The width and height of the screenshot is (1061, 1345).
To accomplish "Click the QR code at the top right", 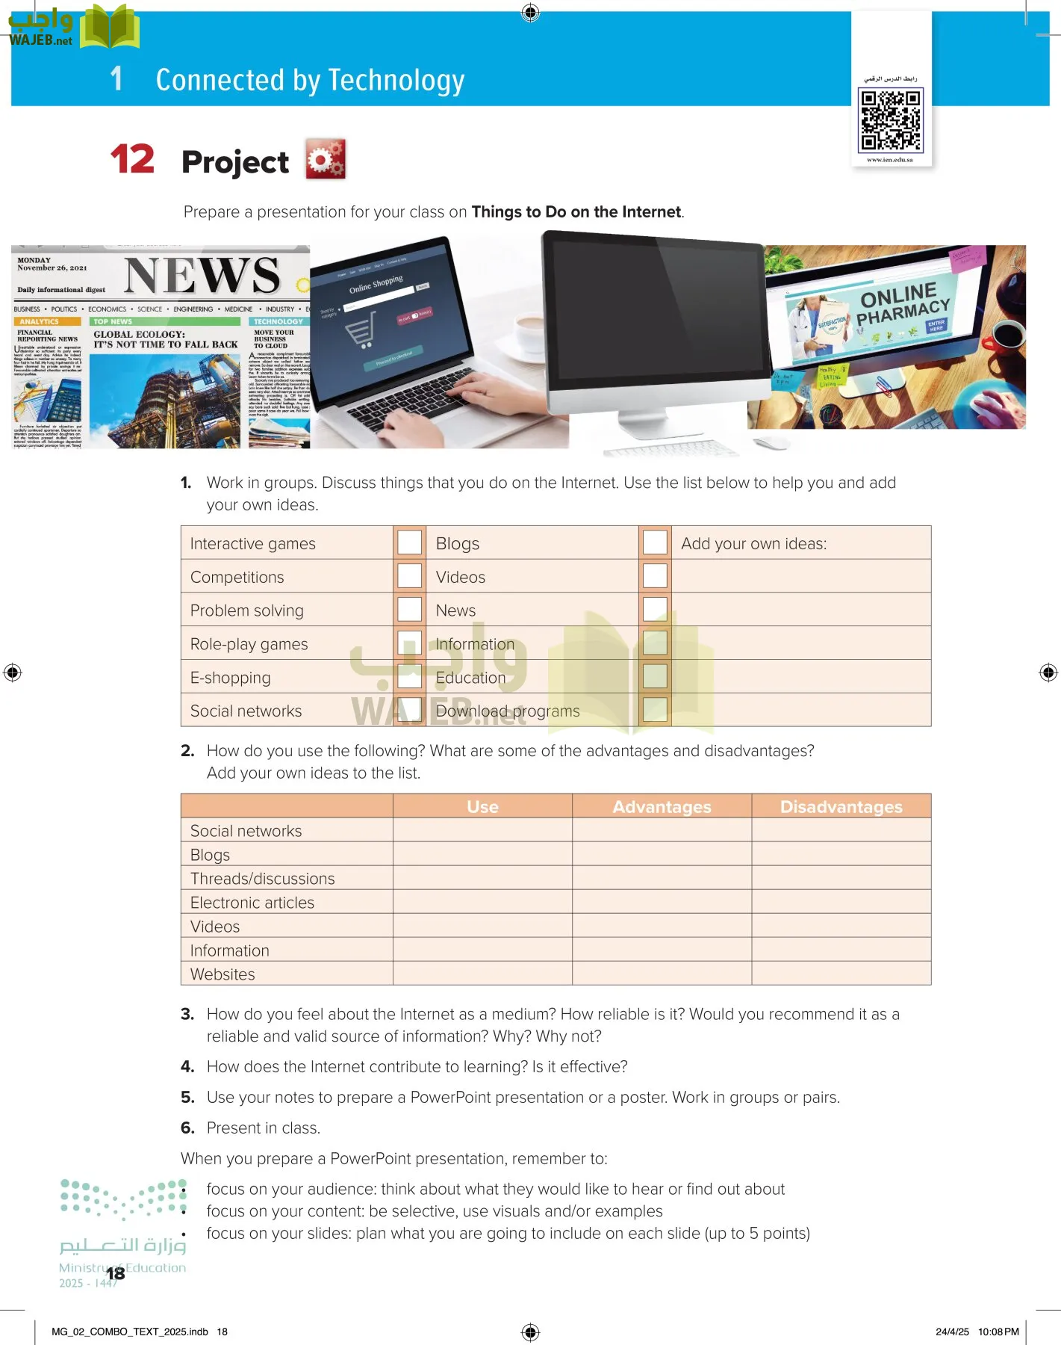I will coord(891,120).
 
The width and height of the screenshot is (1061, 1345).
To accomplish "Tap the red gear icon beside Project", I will coord(326,159).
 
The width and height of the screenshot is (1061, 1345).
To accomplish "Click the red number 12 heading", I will coord(132,159).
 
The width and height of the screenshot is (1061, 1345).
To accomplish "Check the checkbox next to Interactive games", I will coord(409,542).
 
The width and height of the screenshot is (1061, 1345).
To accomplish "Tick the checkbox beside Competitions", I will coord(409,576).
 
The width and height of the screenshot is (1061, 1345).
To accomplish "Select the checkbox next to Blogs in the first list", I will coord(655,542).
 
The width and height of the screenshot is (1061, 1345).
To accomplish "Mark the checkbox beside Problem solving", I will coord(409,610).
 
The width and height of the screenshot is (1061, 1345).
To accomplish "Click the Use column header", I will coord(482,807).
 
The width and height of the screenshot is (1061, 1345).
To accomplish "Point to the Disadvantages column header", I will coord(841,807).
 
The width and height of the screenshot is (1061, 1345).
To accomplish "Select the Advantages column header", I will coord(662,807).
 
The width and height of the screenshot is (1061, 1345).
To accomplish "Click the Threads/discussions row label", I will coord(262,879).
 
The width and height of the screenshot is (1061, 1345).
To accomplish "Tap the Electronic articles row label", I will coord(252,903).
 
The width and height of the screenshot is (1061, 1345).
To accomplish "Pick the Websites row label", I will coord(223,974).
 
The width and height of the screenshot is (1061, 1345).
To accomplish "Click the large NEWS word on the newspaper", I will coord(202,276).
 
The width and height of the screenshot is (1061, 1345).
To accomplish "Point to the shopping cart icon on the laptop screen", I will coord(361,330).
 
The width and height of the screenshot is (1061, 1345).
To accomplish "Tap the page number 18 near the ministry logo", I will coord(115,1273).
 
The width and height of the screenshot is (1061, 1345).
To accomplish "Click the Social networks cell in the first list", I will coord(246,711).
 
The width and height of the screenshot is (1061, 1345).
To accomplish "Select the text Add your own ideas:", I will coord(753,543).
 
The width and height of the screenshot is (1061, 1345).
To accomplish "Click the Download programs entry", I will coord(508,711).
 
